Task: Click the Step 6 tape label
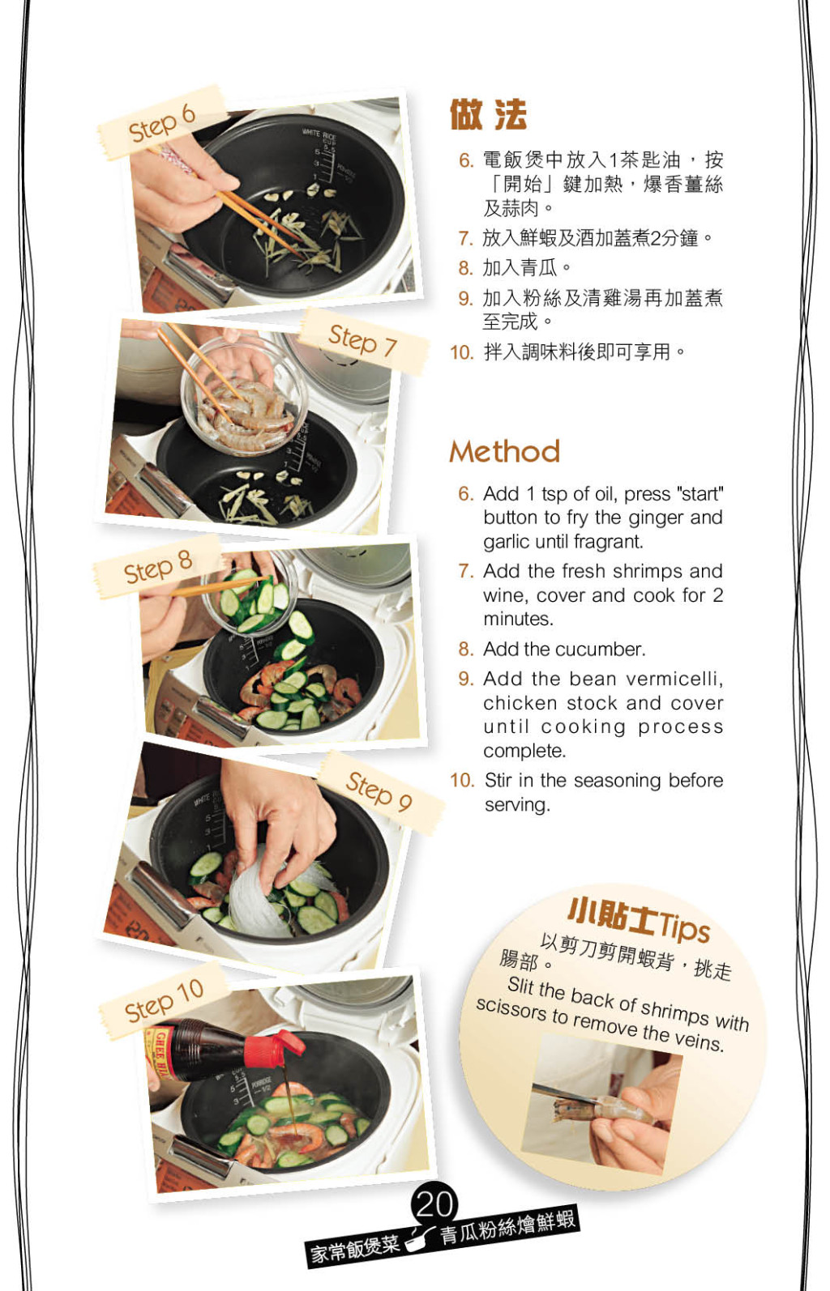pos(162,122)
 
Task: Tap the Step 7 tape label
pos(364,341)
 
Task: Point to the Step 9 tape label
pos(380,791)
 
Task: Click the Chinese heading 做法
pos(488,114)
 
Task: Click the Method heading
pos(505,451)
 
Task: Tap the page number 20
pos(434,1204)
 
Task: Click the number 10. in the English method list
pos(462,781)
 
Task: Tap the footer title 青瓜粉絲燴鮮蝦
pos(508,1228)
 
